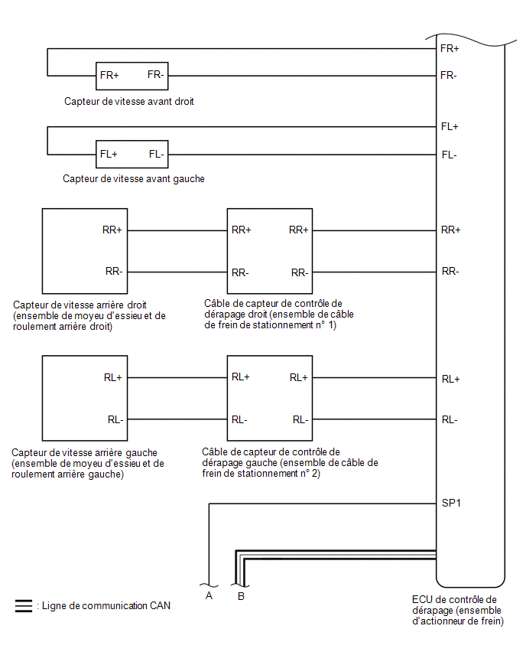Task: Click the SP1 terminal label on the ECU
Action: [x=451, y=503]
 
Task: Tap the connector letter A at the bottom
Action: [x=209, y=596]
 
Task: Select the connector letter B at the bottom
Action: [x=241, y=596]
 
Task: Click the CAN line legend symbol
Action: [x=23, y=606]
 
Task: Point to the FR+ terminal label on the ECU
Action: [x=450, y=49]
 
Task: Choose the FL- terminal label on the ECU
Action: [x=449, y=155]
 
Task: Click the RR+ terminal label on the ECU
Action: [x=451, y=230]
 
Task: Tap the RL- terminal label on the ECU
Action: [x=450, y=420]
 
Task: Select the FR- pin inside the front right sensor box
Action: [x=156, y=75]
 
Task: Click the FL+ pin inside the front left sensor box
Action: [x=109, y=155]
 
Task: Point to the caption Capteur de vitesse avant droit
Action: [x=128, y=102]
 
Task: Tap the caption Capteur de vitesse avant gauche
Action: [x=134, y=179]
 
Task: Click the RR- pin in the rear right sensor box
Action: [x=114, y=272]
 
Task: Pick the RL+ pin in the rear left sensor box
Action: [x=113, y=377]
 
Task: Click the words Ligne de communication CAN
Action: [x=106, y=606]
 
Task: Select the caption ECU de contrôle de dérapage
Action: [x=458, y=611]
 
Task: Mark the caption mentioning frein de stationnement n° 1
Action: [x=279, y=315]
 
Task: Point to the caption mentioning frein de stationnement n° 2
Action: [x=290, y=463]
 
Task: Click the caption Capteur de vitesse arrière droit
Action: [x=89, y=315]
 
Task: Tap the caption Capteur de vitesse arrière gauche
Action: [x=88, y=463]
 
